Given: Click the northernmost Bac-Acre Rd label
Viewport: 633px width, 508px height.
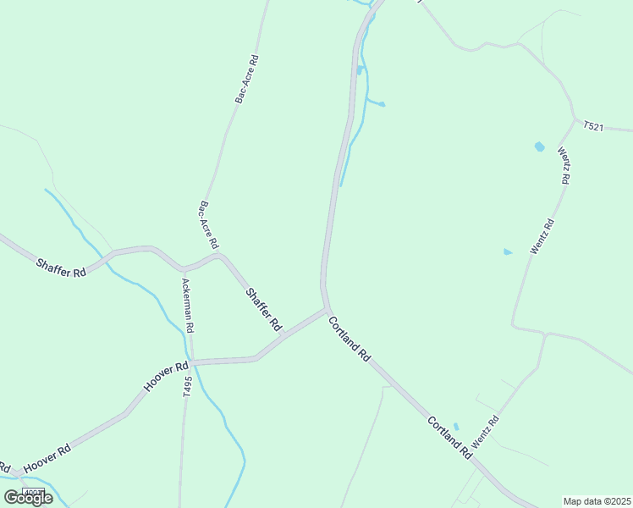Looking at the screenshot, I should pyautogui.click(x=247, y=80).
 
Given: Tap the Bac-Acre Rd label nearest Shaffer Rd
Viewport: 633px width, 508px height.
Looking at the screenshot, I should pyautogui.click(x=209, y=224).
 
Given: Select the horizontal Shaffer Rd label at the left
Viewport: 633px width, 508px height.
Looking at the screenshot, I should pyautogui.click(x=61, y=268).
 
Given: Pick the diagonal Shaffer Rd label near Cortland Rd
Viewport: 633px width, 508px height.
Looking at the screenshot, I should pyautogui.click(x=263, y=310).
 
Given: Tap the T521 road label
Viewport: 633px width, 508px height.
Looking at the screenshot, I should pyautogui.click(x=593, y=126).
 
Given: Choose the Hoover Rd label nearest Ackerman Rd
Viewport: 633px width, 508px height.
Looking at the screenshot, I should pyautogui.click(x=165, y=377).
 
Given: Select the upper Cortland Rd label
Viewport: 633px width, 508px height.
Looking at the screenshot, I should pyautogui.click(x=350, y=339).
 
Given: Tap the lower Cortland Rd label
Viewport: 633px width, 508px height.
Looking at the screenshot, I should pyautogui.click(x=449, y=437).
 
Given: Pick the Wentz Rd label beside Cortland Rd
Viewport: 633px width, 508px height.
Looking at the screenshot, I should pyautogui.click(x=486, y=432).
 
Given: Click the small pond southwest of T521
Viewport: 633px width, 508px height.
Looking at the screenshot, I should pyautogui.click(x=539, y=147).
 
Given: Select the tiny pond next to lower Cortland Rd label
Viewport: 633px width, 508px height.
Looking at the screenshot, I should pyautogui.click(x=456, y=426).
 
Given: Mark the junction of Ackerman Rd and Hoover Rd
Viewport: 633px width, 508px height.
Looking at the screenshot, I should pyautogui.click(x=190, y=362).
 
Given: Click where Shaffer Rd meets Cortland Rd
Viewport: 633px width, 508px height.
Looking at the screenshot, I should pyautogui.click(x=327, y=310).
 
